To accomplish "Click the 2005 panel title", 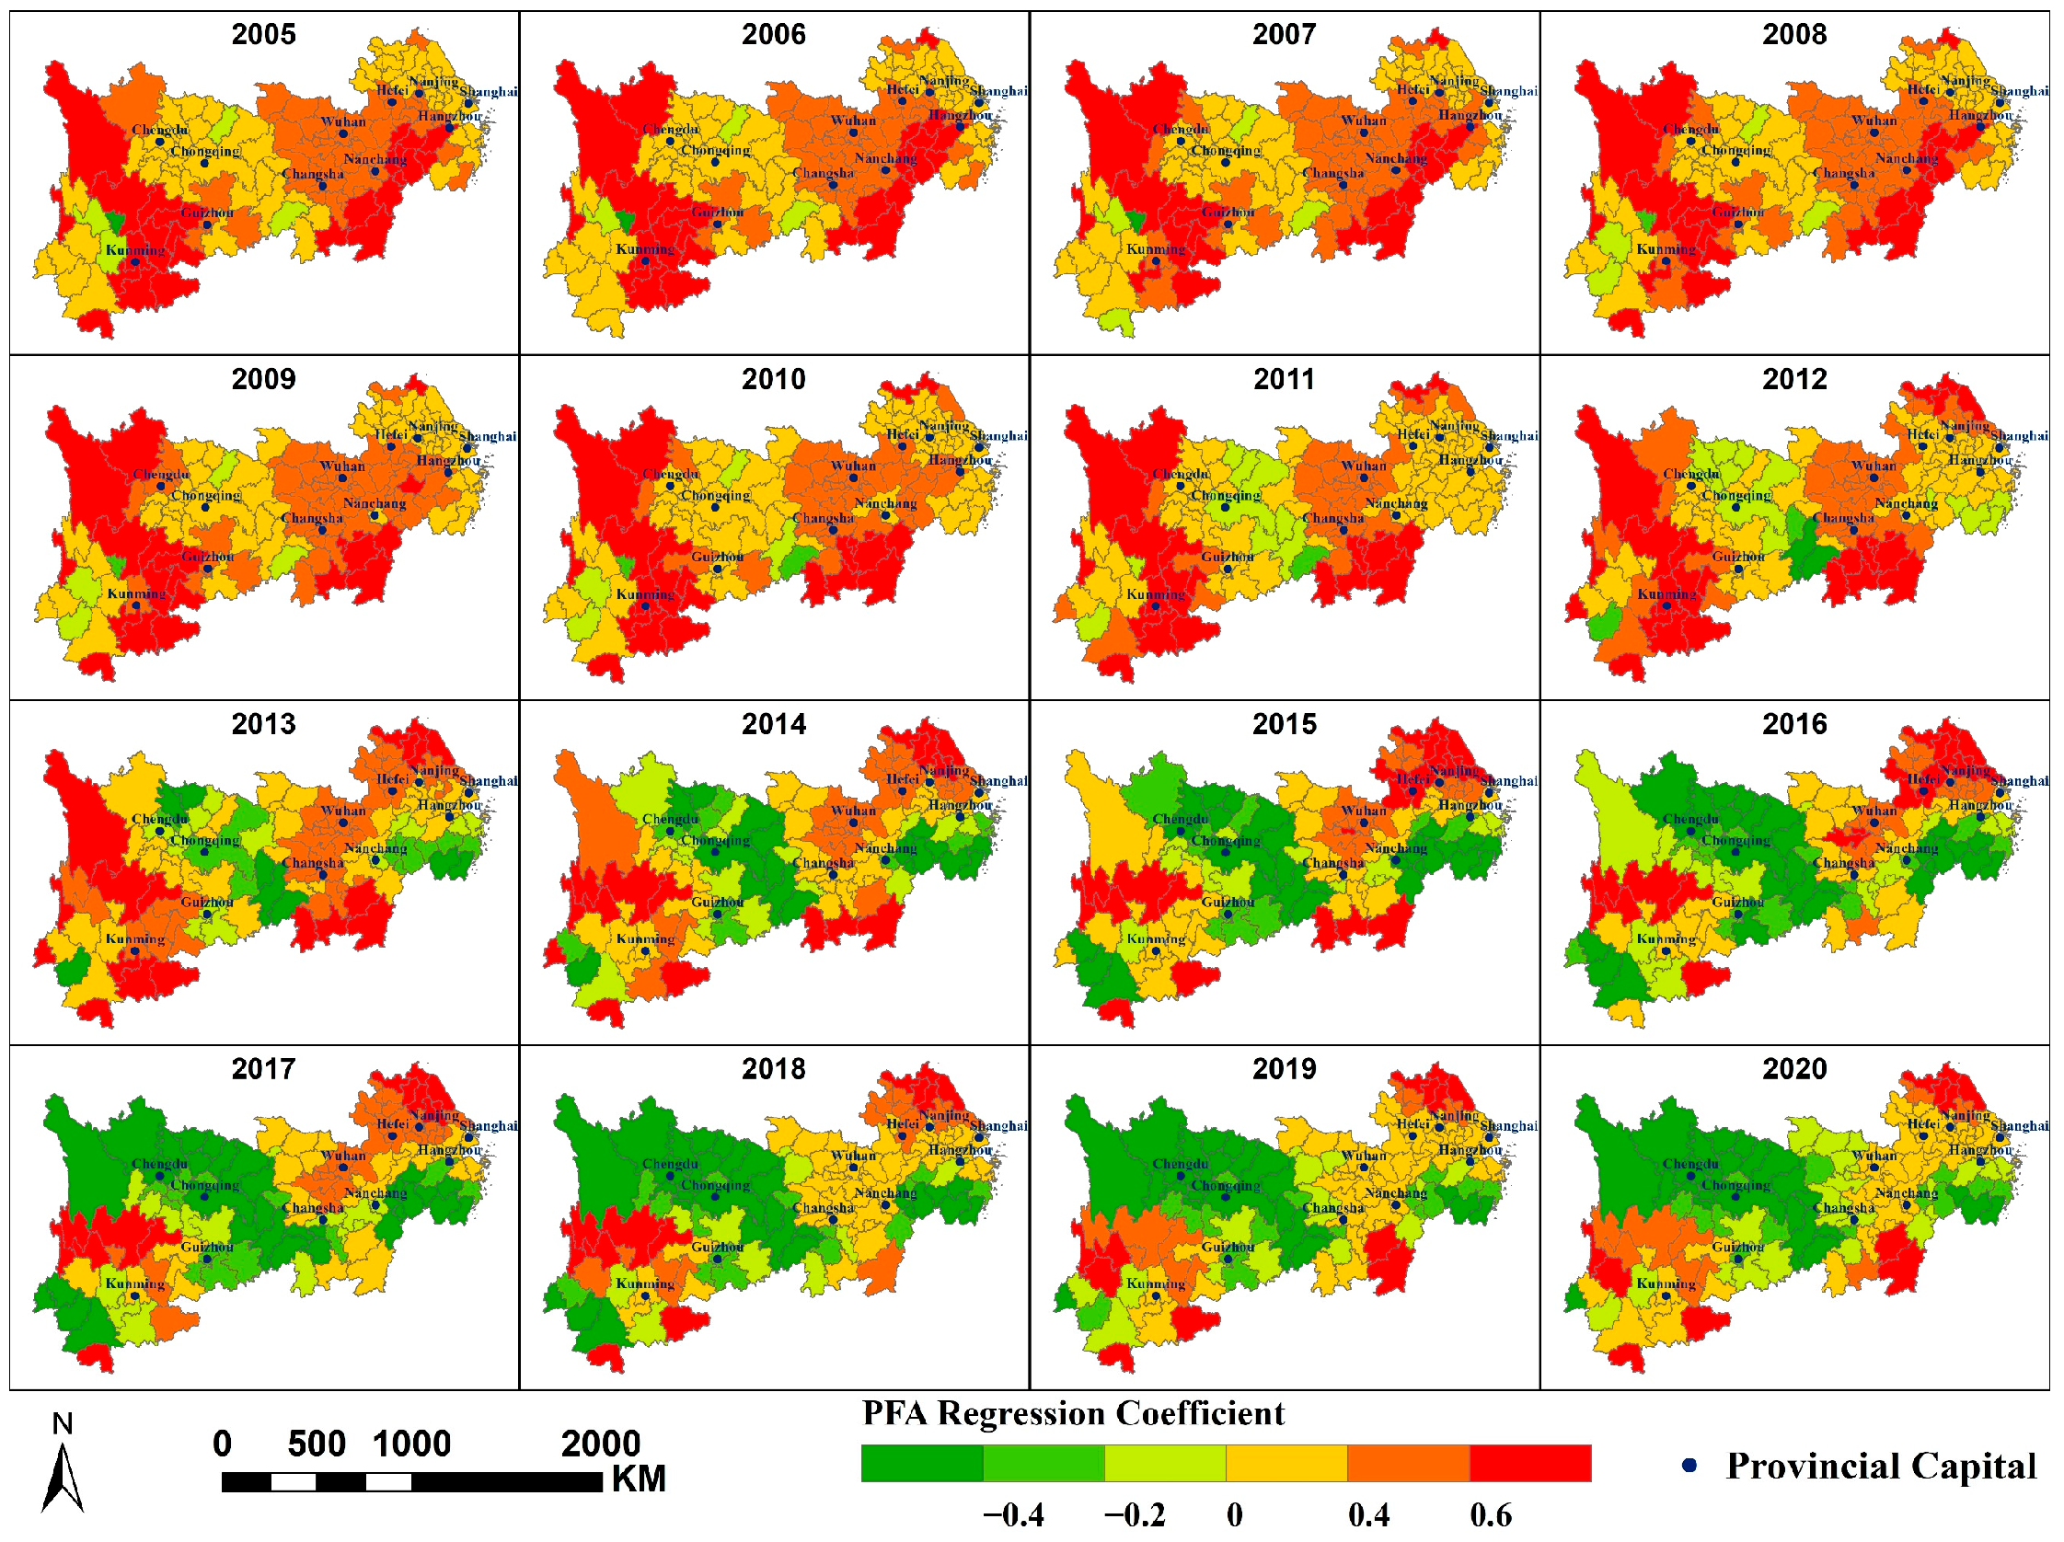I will coord(263,35).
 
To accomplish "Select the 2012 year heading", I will coord(1793,380).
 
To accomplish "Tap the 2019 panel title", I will coord(1283,1069).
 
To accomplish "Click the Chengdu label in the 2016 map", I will coord(1689,819).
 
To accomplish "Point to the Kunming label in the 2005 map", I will coord(134,250).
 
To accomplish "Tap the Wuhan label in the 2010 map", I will coord(853,466).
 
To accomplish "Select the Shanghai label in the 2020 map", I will coord(2019,1126).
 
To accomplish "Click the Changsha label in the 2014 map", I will coord(822,863).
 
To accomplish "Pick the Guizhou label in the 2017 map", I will coord(206,1248).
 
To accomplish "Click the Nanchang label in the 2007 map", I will coord(1395,158).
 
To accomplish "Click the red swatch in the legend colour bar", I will coord(1529,1464).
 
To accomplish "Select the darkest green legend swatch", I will coord(921,1464).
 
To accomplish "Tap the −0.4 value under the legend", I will coord(1012,1516).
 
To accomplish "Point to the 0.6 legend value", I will coord(1490,1516).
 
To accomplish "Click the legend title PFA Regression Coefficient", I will coord(1072,1414).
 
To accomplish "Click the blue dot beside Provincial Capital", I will coord(1688,1466).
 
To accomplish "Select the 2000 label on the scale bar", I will coord(600,1444).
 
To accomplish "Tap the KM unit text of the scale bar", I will coord(639,1479).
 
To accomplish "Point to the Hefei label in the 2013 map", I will coord(392,779).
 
